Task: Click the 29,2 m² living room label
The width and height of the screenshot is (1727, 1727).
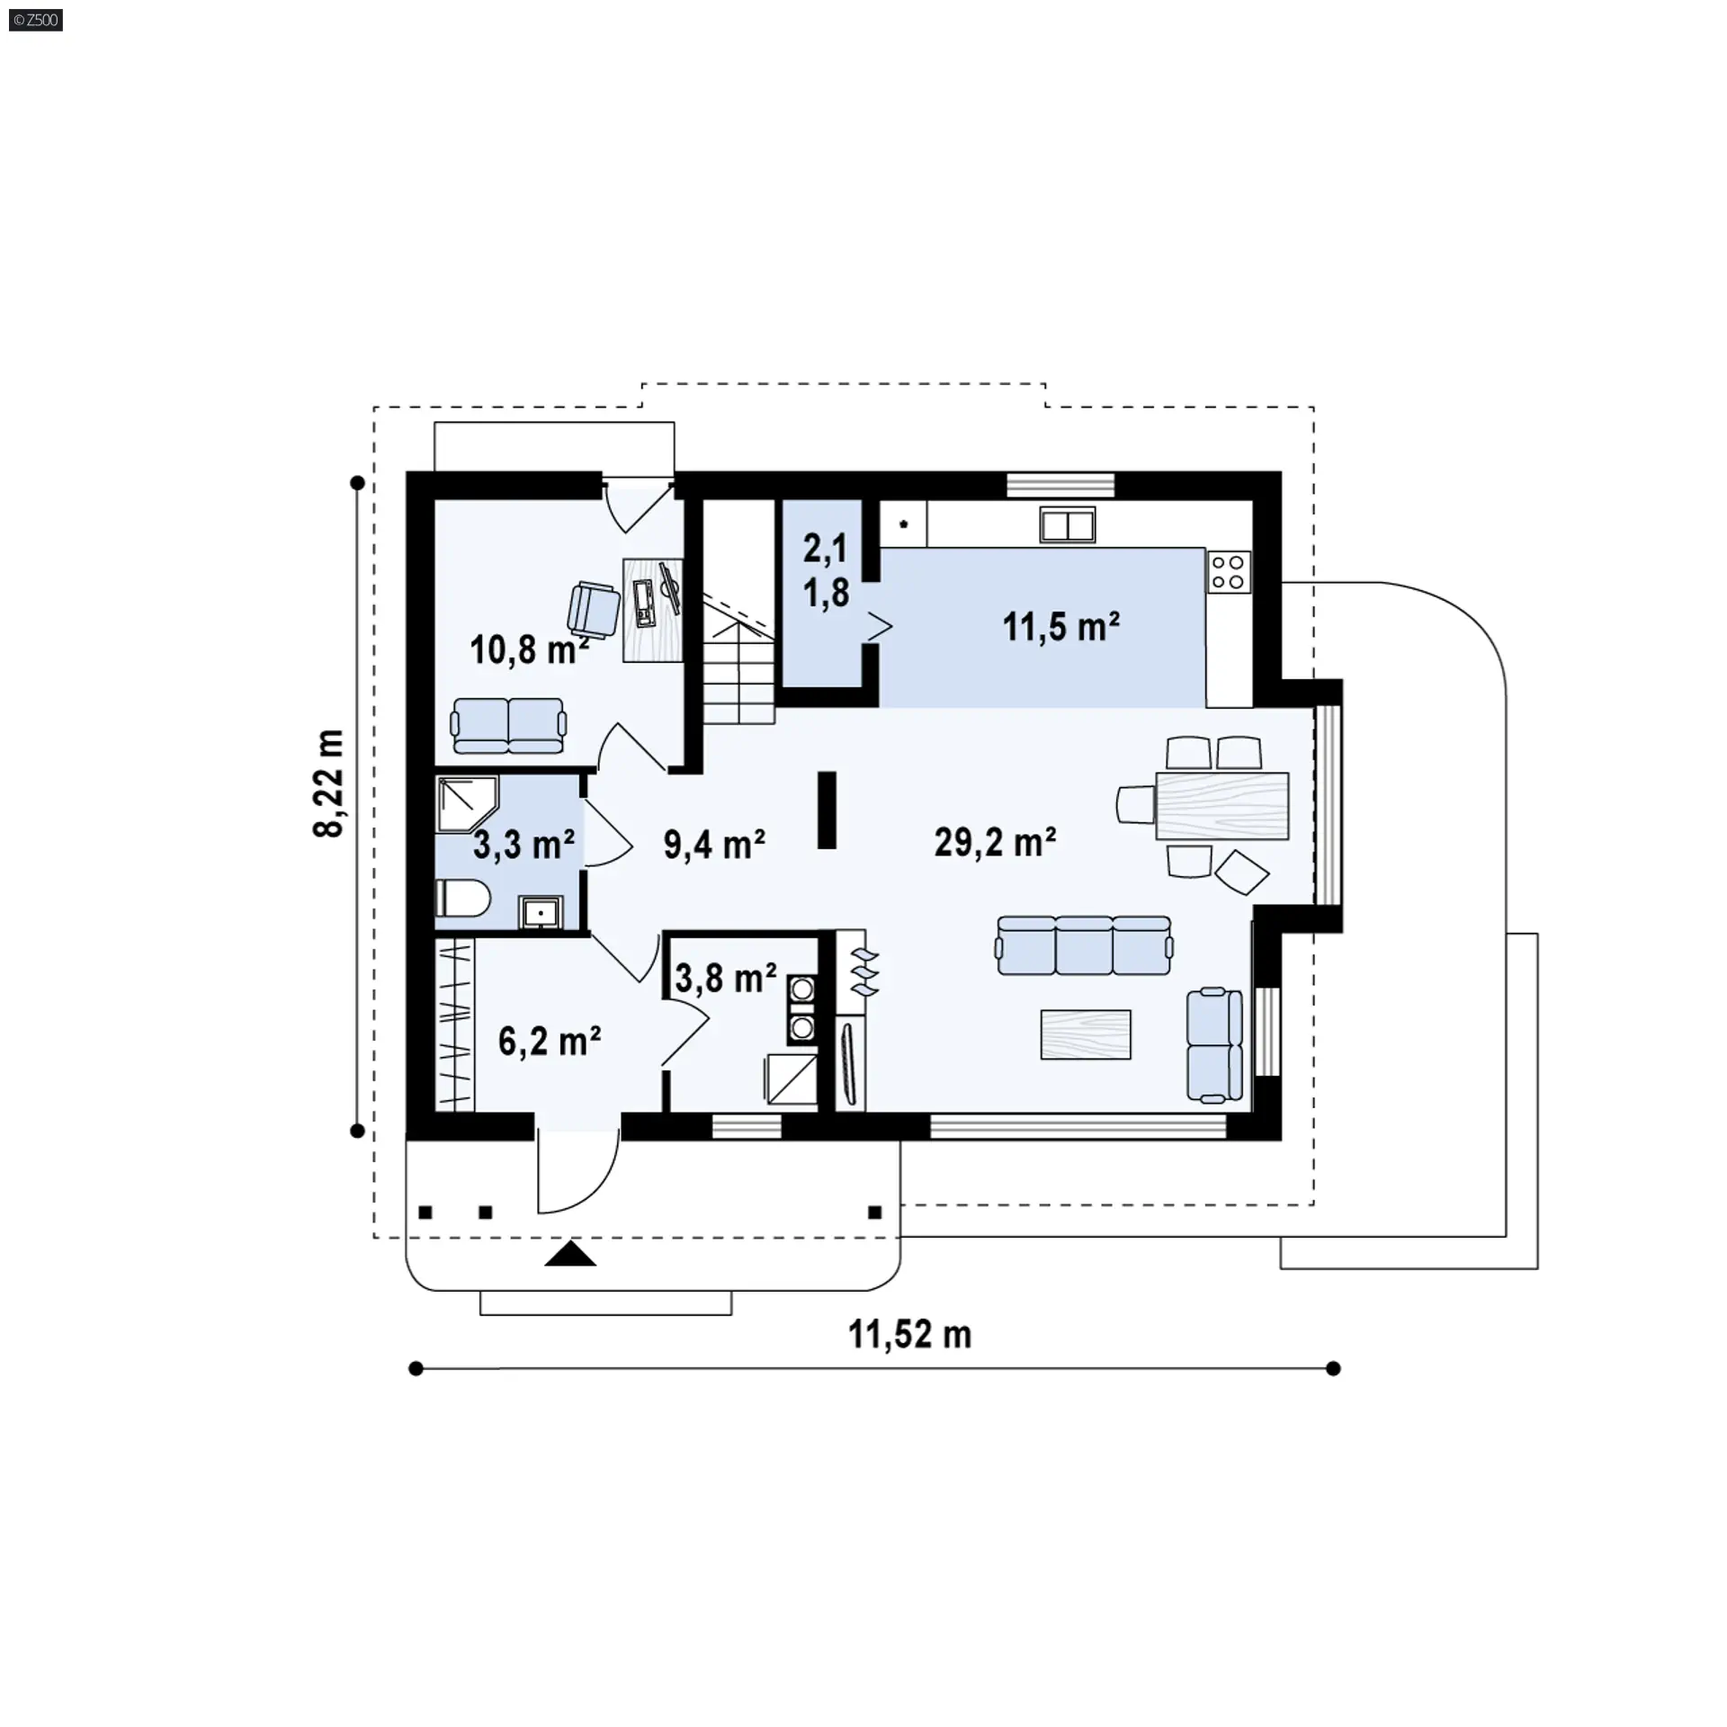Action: click(995, 843)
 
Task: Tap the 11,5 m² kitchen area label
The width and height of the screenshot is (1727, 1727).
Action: click(1061, 627)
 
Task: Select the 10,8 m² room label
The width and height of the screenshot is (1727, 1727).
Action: click(530, 649)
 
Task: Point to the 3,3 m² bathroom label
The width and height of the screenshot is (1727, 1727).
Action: click(523, 845)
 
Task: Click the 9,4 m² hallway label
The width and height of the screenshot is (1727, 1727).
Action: click(714, 845)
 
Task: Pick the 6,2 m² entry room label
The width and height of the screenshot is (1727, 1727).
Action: click(550, 1042)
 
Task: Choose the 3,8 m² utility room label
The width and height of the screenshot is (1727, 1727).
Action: click(726, 979)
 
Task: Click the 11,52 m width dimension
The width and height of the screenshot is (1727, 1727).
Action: click(910, 1335)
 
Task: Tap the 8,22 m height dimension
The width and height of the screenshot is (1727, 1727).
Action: click(329, 783)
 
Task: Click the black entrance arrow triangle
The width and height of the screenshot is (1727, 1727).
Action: click(570, 1254)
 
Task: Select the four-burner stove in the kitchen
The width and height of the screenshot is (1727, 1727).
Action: click(1229, 571)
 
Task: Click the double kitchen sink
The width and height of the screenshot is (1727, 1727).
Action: click(1068, 524)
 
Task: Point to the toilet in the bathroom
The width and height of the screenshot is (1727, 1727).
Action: click(462, 899)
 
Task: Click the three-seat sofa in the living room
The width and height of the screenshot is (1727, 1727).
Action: click(1085, 945)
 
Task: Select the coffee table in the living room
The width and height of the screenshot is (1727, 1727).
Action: click(1086, 1034)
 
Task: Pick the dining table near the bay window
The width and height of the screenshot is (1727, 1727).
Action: click(1221, 805)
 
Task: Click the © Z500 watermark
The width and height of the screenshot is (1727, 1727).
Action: click(36, 19)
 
